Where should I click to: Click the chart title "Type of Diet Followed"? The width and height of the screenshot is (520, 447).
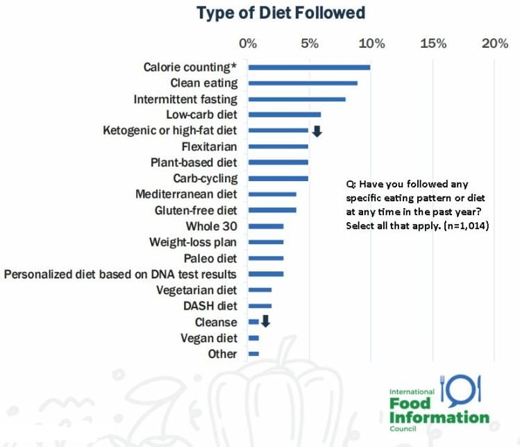(280, 12)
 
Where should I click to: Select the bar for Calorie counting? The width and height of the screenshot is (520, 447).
(309, 67)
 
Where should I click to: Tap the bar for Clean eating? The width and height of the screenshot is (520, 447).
(303, 83)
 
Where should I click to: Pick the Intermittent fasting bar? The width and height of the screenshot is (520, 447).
(296, 99)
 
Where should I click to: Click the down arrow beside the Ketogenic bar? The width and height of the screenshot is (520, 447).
(317, 130)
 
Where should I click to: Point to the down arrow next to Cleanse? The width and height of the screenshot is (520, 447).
(265, 321)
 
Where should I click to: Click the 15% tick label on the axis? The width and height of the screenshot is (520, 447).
(433, 44)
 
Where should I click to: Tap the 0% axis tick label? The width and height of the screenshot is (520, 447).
(248, 44)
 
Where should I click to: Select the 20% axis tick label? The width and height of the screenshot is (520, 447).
(494, 44)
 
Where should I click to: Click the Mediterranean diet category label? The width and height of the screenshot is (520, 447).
(186, 194)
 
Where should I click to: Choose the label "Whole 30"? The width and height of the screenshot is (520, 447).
(211, 226)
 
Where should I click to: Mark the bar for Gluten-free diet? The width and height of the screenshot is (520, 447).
(272, 210)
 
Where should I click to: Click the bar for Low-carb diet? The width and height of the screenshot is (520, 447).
(285, 115)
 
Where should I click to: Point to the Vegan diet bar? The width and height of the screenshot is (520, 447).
(253, 338)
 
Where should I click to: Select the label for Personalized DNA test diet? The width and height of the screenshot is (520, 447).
(120, 274)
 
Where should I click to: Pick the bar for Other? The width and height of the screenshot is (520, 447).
(253, 354)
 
